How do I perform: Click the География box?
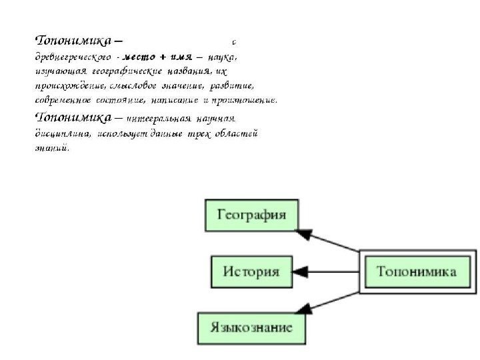[x=252, y=215]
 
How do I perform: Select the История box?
[x=251, y=272]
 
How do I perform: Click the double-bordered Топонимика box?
[x=417, y=272]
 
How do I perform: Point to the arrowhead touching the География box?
[x=304, y=233]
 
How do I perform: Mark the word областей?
[x=237, y=134]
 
